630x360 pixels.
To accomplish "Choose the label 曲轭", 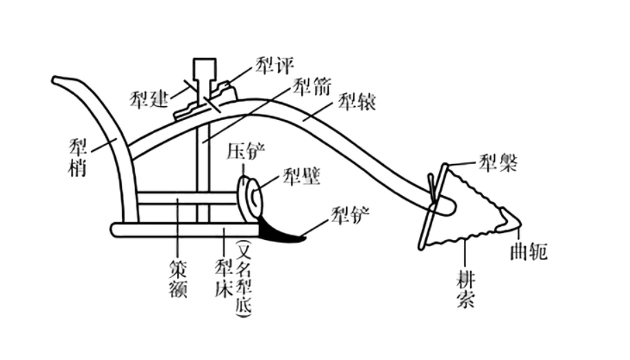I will (x=530, y=252).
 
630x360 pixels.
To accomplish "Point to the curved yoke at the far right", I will (x=511, y=219).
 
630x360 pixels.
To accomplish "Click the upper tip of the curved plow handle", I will (x=59, y=80).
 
